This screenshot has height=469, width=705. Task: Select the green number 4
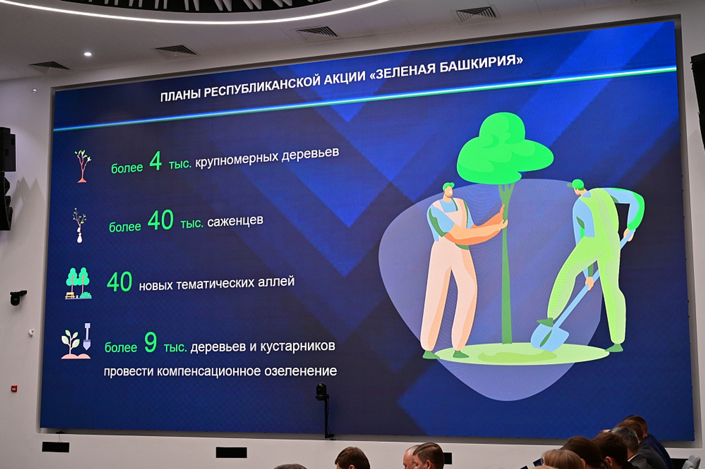click(156, 161)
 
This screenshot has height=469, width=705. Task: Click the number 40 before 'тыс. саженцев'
click(160, 220)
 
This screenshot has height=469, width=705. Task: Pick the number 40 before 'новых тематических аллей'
click(119, 282)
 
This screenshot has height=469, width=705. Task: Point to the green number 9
click(150, 342)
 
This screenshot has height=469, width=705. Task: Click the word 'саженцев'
click(235, 221)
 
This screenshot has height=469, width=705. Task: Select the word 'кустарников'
click(297, 346)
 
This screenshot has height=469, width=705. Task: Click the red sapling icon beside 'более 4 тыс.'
click(82, 166)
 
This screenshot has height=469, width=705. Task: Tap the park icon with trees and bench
click(78, 283)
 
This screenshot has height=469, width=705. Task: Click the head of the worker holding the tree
click(448, 190)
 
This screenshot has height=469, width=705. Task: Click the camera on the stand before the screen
click(322, 391)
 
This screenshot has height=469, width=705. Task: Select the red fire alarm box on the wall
click(14, 389)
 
